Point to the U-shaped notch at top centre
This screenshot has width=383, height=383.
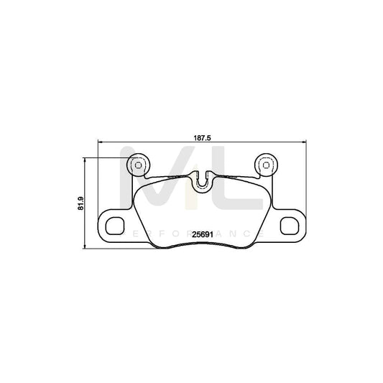(x=206, y=180)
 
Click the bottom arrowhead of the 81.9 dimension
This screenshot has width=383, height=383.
(x=86, y=249)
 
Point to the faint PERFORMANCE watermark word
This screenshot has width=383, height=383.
(x=191, y=234)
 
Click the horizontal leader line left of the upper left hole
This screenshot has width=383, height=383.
(x=108, y=158)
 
